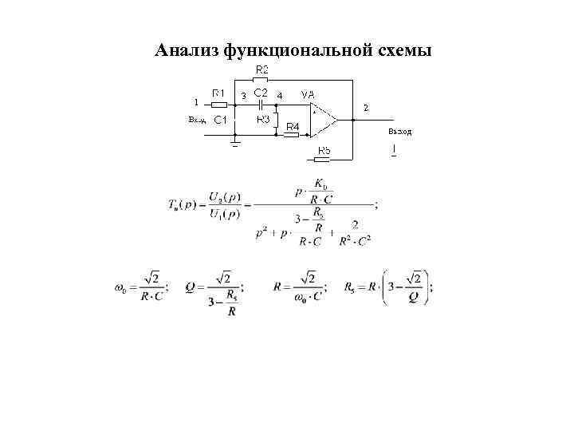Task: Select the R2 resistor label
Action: tap(261, 70)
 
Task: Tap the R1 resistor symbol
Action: tap(217, 105)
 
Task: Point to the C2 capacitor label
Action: tap(260, 93)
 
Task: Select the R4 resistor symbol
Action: tap(292, 134)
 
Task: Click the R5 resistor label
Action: tap(325, 150)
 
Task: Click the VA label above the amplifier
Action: tap(307, 94)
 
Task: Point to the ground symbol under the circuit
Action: tap(235, 145)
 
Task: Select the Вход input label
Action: tap(196, 120)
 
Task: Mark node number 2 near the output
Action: tap(366, 106)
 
